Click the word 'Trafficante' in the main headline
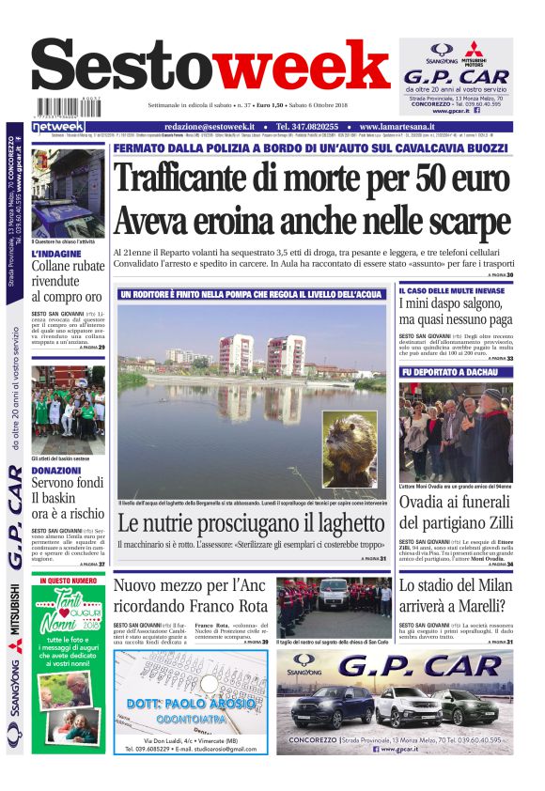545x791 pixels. [193, 178]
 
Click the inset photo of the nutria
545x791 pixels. [350, 449]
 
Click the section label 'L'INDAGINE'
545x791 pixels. [54, 254]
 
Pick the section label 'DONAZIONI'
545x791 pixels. [55, 470]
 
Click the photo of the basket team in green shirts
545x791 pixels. [68, 410]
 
